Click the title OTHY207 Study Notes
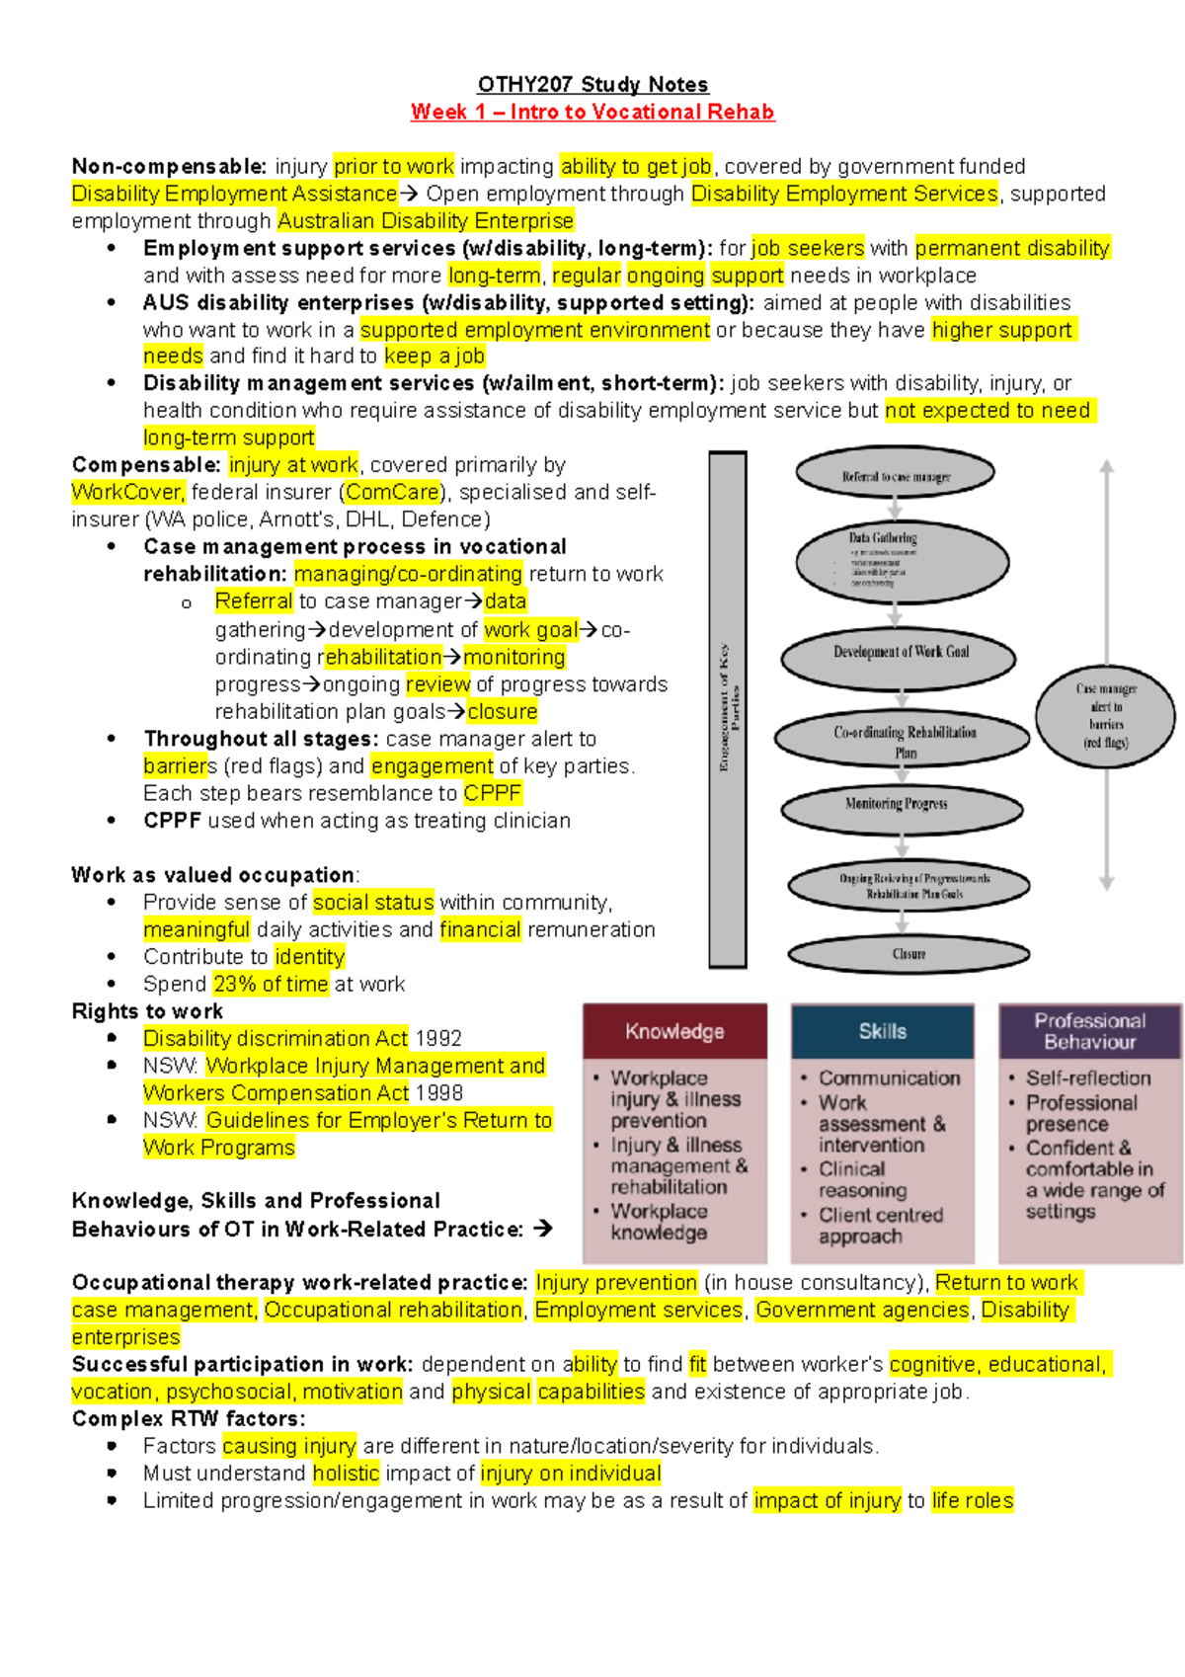coord(592,85)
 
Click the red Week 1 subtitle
coord(592,113)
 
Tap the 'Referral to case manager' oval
coord(895,476)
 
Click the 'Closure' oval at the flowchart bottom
coord(908,954)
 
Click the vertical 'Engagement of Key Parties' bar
coord(728,709)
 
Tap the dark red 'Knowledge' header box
coord(674,1032)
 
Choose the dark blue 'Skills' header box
coord(882,1032)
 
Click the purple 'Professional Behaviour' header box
coord(1089,1032)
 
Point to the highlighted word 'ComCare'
coord(392,493)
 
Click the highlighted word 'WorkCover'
coord(127,493)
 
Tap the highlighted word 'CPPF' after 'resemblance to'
coord(492,794)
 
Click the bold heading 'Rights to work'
coord(147,1011)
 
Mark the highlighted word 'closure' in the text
coord(503,712)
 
